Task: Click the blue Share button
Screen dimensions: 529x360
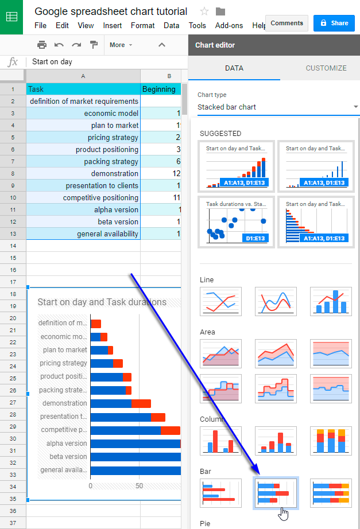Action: [334, 23]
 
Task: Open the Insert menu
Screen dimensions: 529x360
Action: [112, 26]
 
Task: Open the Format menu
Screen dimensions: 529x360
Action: [142, 26]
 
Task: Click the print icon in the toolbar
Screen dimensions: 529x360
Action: [41, 45]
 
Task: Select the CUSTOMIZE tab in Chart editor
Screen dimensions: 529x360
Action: [326, 68]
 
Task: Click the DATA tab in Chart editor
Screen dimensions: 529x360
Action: [234, 68]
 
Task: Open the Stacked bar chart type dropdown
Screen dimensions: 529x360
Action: [278, 107]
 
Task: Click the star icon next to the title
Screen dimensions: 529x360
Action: [204, 11]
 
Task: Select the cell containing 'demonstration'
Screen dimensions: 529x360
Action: [83, 173]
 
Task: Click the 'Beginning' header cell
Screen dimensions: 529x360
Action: [160, 89]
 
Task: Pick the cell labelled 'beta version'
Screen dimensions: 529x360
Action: [83, 221]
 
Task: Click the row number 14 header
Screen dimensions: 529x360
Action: [13, 246]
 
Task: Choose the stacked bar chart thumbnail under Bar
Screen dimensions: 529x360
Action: [276, 493]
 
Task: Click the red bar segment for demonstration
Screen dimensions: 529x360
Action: [141, 403]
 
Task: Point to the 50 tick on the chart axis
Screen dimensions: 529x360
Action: [139, 485]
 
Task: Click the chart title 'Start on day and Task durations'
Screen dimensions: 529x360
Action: [102, 302]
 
